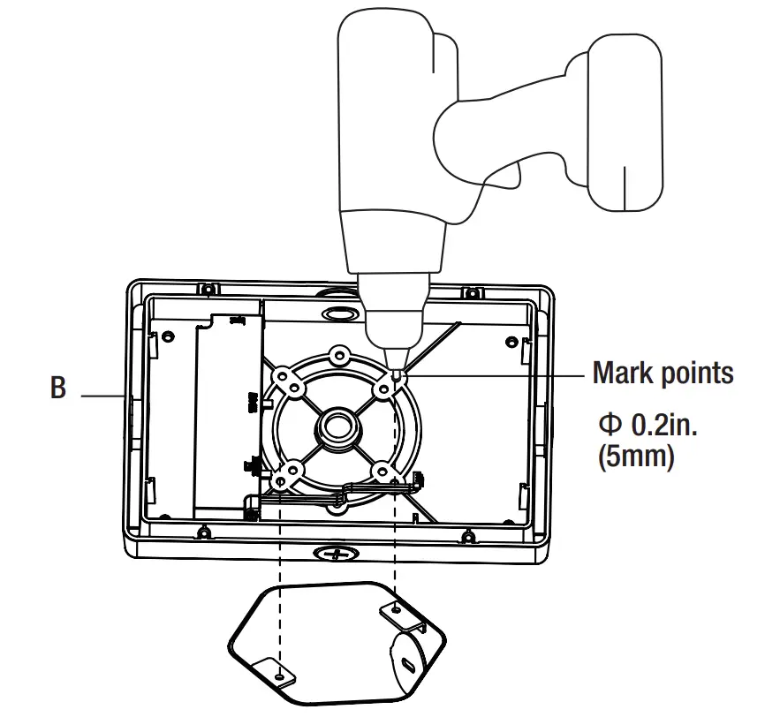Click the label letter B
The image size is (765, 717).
58,388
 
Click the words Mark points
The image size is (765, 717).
663,373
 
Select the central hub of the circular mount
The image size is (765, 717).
336,426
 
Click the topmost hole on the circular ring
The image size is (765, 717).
337,357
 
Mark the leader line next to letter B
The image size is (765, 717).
102,396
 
